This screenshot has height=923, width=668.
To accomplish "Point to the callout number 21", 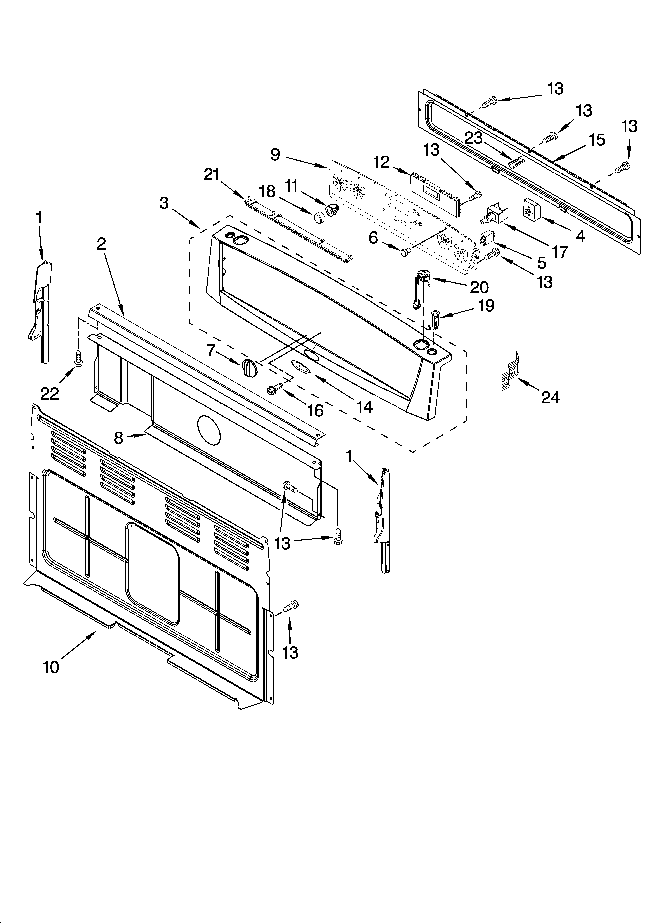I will (x=211, y=174).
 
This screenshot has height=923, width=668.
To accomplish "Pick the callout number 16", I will (x=316, y=411).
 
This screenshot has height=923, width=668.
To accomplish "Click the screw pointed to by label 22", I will (x=78, y=357).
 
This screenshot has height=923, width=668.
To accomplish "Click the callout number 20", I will (x=479, y=287).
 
